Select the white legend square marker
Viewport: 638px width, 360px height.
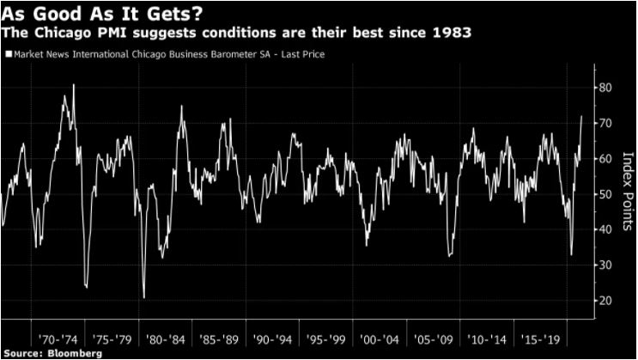pyautogui.click(x=7, y=54)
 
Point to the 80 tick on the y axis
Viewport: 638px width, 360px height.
pyautogui.click(x=605, y=88)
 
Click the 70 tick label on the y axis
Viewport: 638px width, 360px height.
pyautogui.click(x=605, y=123)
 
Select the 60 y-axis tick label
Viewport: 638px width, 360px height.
pyautogui.click(x=605, y=158)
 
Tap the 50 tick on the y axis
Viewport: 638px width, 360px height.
pyautogui.click(x=605, y=194)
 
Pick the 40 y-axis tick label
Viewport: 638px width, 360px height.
pyautogui.click(x=605, y=229)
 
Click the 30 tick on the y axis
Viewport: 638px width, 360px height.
pyautogui.click(x=605, y=265)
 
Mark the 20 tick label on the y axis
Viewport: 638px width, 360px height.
pyautogui.click(x=605, y=301)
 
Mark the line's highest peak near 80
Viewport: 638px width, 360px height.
pyautogui.click(x=74, y=85)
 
